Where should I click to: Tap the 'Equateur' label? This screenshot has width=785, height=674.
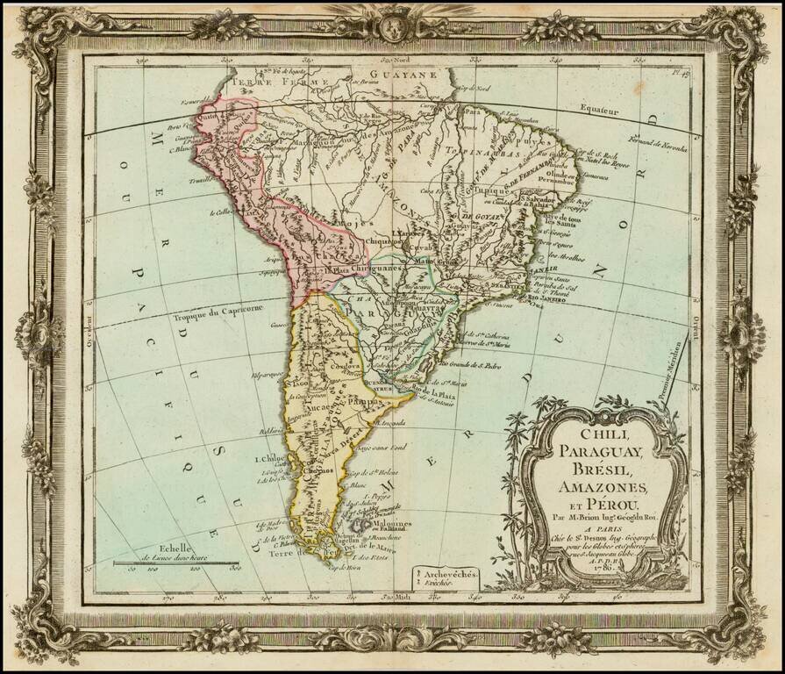pos(598,112)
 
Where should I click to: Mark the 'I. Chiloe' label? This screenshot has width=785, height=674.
pos(267,457)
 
